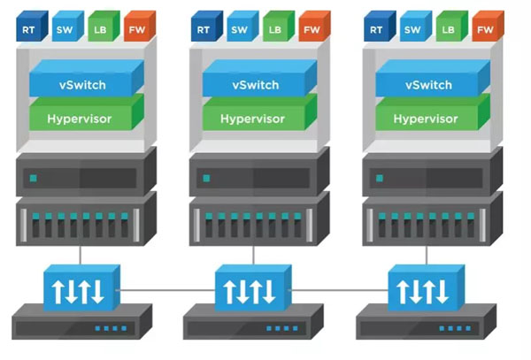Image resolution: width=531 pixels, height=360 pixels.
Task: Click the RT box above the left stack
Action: pos(30,29)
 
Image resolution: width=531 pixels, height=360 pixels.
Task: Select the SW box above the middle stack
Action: pos(239,29)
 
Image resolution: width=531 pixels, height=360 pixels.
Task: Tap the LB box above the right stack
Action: pos(448,29)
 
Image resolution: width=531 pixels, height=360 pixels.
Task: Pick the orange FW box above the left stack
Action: pos(137,29)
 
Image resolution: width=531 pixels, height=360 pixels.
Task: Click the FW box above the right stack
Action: pos(484,29)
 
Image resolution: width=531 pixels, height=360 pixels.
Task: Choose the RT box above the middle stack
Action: pos(203,29)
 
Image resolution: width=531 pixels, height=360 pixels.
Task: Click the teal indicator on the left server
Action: pos(33,179)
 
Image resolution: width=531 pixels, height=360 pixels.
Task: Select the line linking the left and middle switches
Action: pos(165,290)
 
